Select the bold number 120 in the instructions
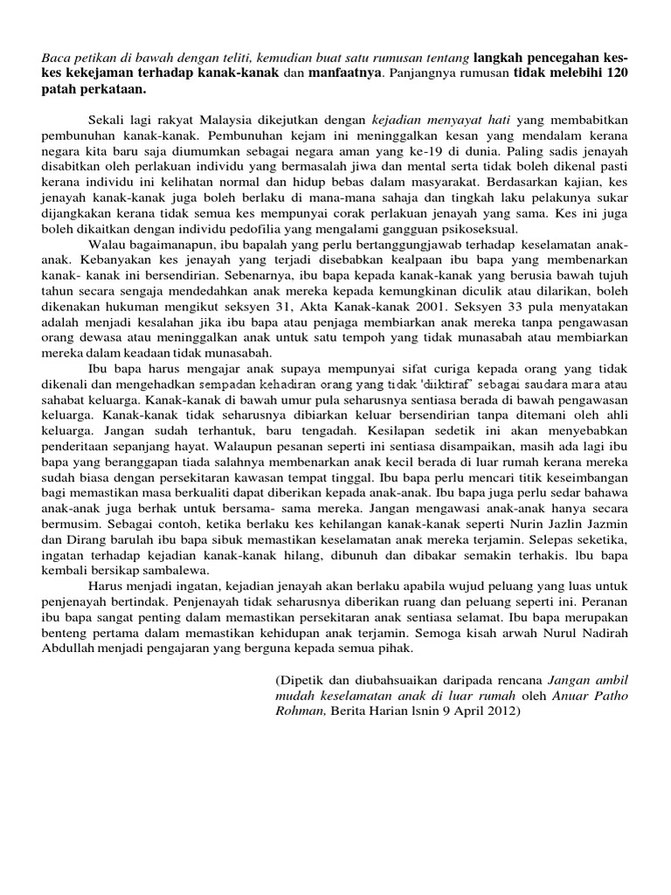(x=615, y=74)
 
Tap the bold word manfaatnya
(x=343, y=74)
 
